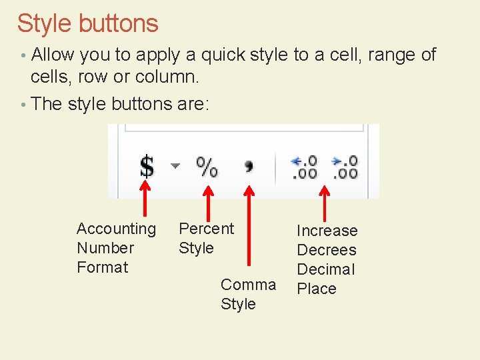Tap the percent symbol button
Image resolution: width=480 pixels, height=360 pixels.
[207, 166]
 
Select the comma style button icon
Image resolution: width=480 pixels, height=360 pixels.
[249, 165]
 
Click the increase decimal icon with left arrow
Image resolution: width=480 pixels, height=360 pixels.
[305, 166]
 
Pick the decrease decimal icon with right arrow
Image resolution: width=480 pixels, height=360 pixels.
[345, 166]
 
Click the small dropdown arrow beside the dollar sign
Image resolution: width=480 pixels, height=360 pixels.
[175, 165]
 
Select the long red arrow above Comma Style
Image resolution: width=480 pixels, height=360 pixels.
[249, 227]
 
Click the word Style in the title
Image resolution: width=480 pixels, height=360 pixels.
[44, 23]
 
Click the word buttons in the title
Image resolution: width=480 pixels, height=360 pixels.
[119, 23]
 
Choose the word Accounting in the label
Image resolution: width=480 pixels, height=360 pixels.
[116, 229]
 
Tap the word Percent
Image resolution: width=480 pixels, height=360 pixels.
[207, 229]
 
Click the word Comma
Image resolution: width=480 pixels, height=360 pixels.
[248, 285]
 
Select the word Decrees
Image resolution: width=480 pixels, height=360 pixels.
[327, 250]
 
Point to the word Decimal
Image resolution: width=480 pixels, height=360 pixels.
[326, 269]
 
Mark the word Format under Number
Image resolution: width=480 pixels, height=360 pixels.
[102, 267]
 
